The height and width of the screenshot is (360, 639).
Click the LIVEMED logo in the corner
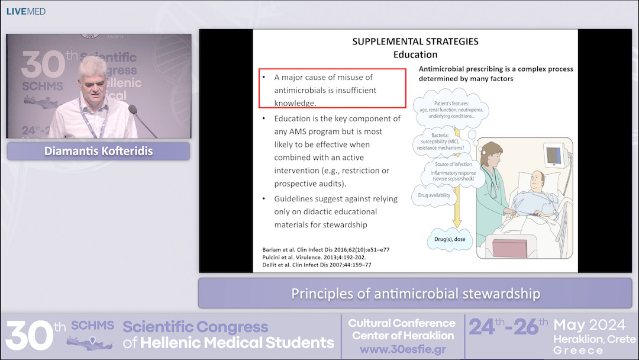coord(25,11)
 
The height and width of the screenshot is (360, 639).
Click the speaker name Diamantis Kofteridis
coord(98,151)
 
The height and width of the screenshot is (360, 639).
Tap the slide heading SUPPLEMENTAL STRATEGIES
coord(415,41)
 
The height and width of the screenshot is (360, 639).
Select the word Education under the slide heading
coord(415,54)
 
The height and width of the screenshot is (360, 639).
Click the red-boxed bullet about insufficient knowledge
coord(332,89)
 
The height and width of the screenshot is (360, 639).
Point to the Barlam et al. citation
coord(326,249)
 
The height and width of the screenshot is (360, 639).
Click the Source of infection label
coord(453,164)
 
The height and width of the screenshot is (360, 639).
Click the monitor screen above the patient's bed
coord(553,156)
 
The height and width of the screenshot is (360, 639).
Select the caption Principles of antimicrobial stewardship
coord(415,293)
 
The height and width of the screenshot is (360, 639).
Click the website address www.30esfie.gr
coord(402,349)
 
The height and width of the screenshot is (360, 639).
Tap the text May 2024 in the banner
coord(589,325)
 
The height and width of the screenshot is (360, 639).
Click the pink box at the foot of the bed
coord(514,247)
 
